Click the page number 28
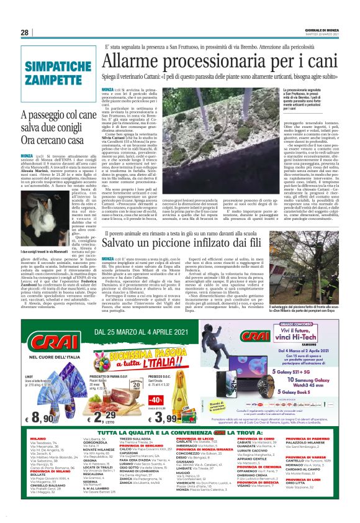[x=24, y=32]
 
